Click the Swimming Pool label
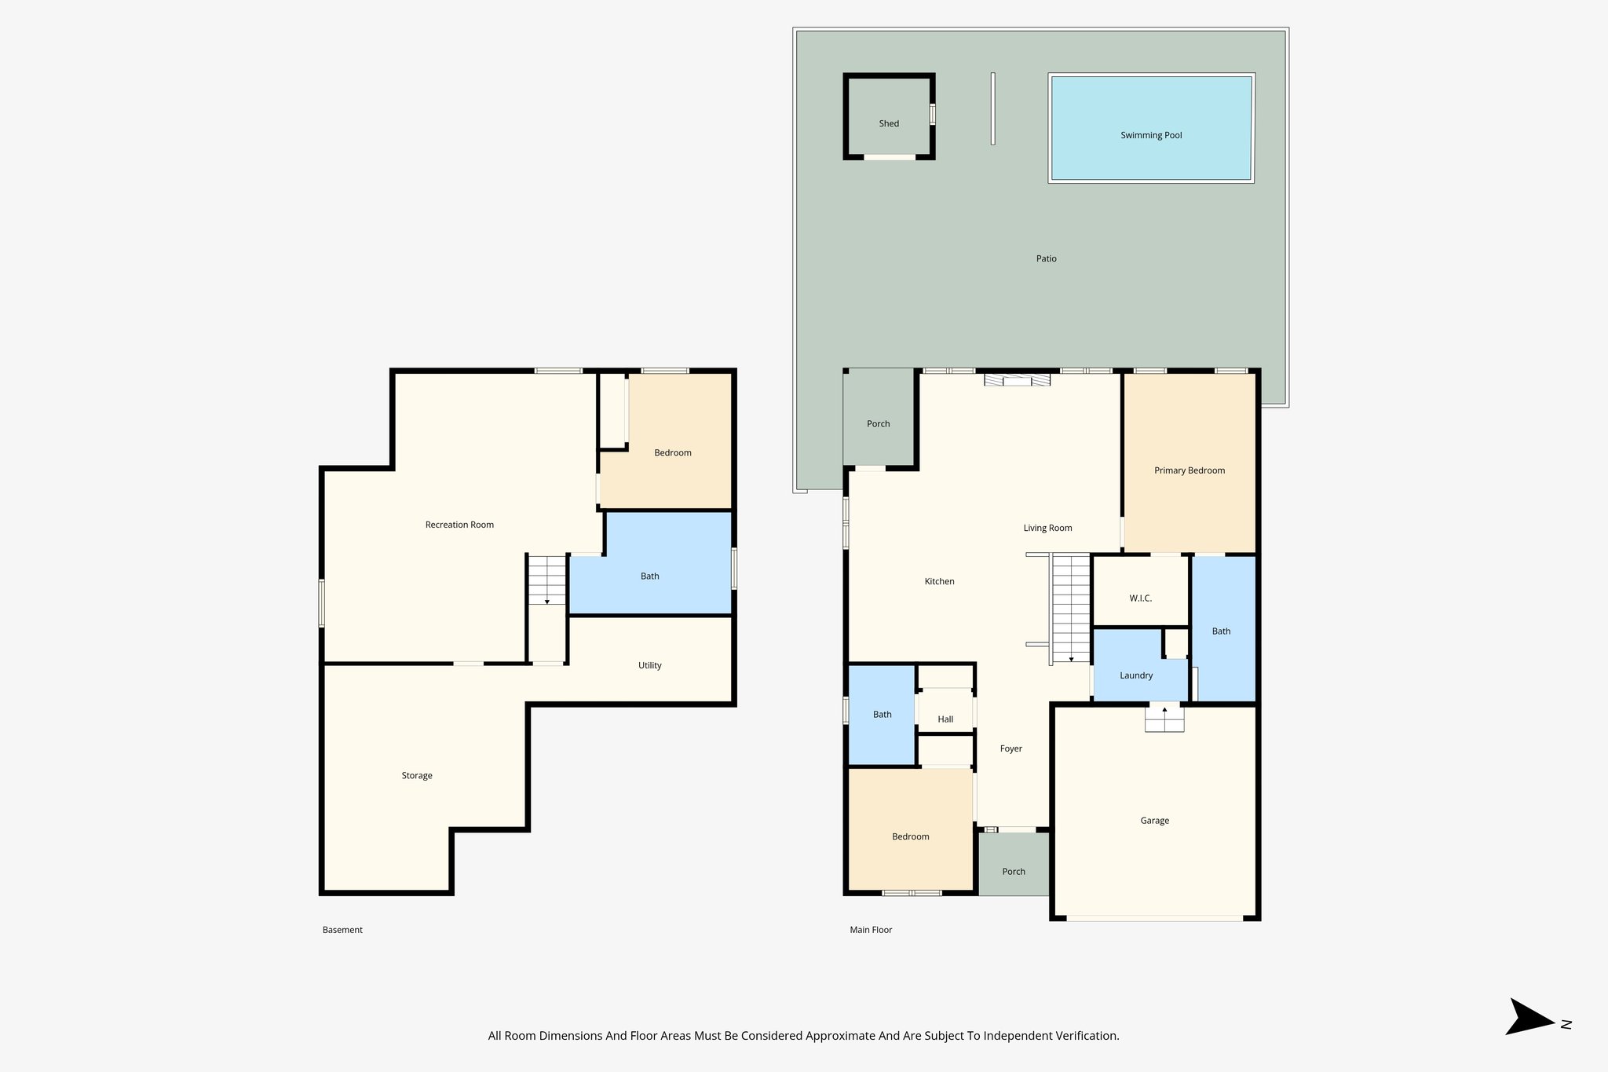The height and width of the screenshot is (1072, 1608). pyautogui.click(x=1151, y=135)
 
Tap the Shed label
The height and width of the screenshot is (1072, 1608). pyautogui.click(x=889, y=123)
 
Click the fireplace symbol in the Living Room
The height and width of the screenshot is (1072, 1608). pyautogui.click(x=1018, y=380)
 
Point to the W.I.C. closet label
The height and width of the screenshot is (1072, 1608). pyautogui.click(x=1140, y=598)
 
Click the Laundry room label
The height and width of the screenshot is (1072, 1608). pyautogui.click(x=1136, y=675)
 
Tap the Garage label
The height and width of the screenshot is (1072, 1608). pyautogui.click(x=1154, y=821)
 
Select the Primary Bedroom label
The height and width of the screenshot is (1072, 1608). pyautogui.click(x=1189, y=470)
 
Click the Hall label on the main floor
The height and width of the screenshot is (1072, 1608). pyautogui.click(x=945, y=719)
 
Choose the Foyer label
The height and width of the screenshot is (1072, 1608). pyautogui.click(x=1010, y=748)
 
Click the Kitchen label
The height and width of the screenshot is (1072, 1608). pyautogui.click(x=939, y=581)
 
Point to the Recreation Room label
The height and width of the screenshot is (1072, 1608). pyautogui.click(x=459, y=525)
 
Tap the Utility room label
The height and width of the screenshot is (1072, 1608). pyautogui.click(x=649, y=665)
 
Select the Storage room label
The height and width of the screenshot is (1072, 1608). pyautogui.click(x=417, y=775)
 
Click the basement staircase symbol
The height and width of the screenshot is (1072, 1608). pyautogui.click(x=546, y=580)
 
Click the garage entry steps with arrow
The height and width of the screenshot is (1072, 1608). pyautogui.click(x=1164, y=719)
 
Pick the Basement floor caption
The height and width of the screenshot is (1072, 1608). pyautogui.click(x=342, y=930)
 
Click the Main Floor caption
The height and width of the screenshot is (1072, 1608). pyautogui.click(x=871, y=930)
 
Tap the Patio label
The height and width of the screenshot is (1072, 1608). pyautogui.click(x=1046, y=258)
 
